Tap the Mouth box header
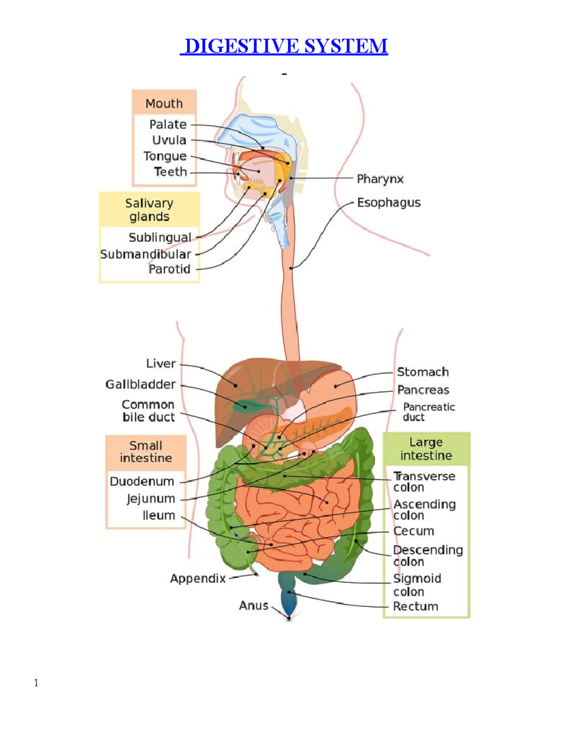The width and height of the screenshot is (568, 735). (164, 103)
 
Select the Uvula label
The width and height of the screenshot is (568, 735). (169, 140)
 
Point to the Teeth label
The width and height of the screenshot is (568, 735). (170, 172)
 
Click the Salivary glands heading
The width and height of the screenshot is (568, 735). (149, 210)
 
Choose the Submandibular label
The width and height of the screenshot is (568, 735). (146, 254)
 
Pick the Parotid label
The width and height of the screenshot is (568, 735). (169, 269)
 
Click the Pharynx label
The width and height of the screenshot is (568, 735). (380, 179)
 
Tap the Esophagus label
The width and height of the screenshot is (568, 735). (389, 203)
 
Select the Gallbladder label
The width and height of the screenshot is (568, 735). (141, 384)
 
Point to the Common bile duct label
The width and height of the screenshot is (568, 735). (148, 411)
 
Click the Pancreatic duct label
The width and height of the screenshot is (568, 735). (428, 412)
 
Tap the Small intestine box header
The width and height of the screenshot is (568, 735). (146, 452)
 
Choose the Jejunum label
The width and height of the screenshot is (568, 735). (151, 498)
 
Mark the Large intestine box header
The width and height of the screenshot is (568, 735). (426, 449)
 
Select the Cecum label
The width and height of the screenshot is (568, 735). (413, 531)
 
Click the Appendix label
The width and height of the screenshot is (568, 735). (198, 578)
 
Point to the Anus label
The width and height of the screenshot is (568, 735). (254, 605)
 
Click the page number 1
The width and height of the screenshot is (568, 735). (36, 682)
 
